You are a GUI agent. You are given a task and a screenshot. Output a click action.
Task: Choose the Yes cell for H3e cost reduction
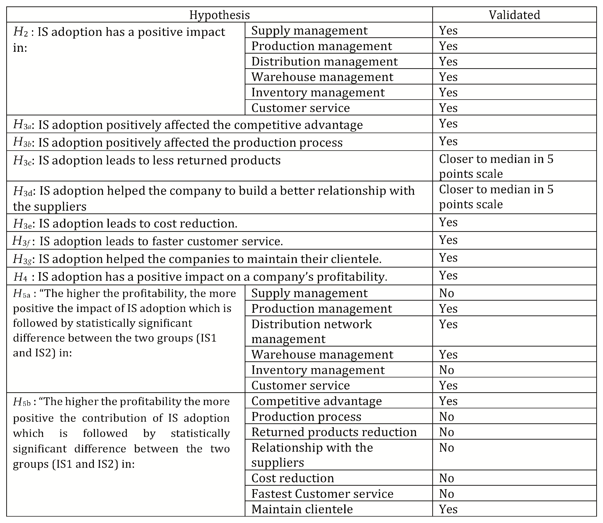(448, 222)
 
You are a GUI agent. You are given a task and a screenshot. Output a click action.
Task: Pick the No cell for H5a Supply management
(447, 293)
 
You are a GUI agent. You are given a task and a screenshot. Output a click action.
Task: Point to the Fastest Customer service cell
(322, 494)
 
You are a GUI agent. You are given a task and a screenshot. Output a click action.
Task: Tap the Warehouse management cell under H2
(322, 77)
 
